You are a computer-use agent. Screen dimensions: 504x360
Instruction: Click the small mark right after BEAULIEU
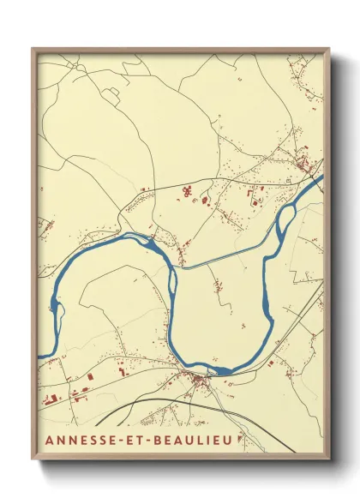tap(240, 437)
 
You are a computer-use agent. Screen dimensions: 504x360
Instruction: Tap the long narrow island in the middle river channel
tap(171, 280)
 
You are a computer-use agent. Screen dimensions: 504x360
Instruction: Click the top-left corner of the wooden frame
tap(33, 49)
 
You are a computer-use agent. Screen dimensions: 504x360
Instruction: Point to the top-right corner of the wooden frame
tap(328, 49)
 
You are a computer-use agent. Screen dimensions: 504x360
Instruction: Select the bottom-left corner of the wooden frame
tap(33, 461)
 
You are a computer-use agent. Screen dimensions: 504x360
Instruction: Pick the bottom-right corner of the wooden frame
tap(328, 461)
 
